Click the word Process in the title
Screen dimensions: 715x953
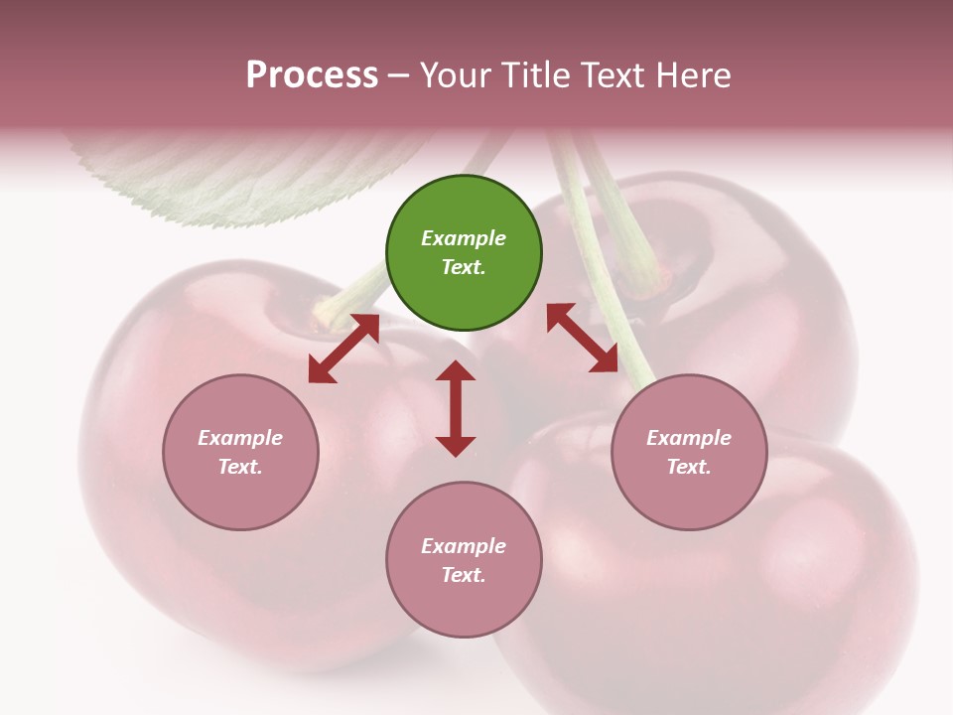[x=312, y=75]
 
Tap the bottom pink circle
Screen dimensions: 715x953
[x=464, y=606]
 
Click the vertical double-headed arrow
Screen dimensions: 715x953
[x=456, y=408]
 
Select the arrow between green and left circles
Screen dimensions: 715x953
[x=343, y=349]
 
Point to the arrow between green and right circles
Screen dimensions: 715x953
[x=582, y=339]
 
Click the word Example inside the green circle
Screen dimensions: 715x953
[x=464, y=238]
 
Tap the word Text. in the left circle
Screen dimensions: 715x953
[x=240, y=467]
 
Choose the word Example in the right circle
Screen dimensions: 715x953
[x=689, y=438]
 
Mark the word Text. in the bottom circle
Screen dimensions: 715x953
[x=464, y=575]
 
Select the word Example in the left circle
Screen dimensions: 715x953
[x=240, y=438]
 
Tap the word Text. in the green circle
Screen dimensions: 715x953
[x=464, y=267]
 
